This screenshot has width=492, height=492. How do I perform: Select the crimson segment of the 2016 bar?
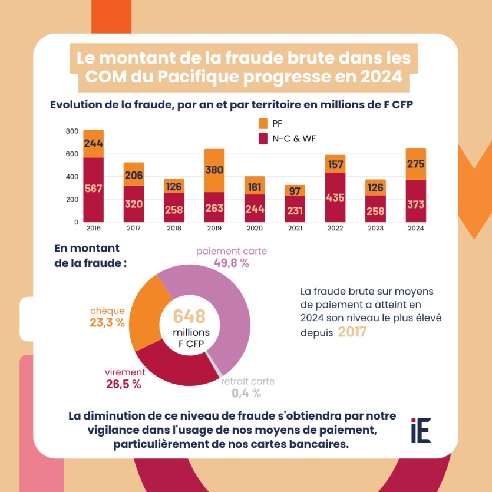pos(94,189)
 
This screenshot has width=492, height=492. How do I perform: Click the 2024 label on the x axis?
pos(415,228)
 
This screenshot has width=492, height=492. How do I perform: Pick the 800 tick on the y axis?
pos(72,131)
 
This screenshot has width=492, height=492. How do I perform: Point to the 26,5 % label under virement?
pos(123,384)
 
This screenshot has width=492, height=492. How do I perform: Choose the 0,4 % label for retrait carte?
pos(246,393)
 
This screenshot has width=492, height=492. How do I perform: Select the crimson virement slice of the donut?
pos(171,366)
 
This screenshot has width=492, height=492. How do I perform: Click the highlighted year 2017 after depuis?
pos(352,332)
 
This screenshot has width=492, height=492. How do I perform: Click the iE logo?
pos(421,430)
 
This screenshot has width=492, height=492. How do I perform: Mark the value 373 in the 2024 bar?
pos(415,204)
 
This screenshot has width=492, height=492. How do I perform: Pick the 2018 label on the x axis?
pos(174,228)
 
